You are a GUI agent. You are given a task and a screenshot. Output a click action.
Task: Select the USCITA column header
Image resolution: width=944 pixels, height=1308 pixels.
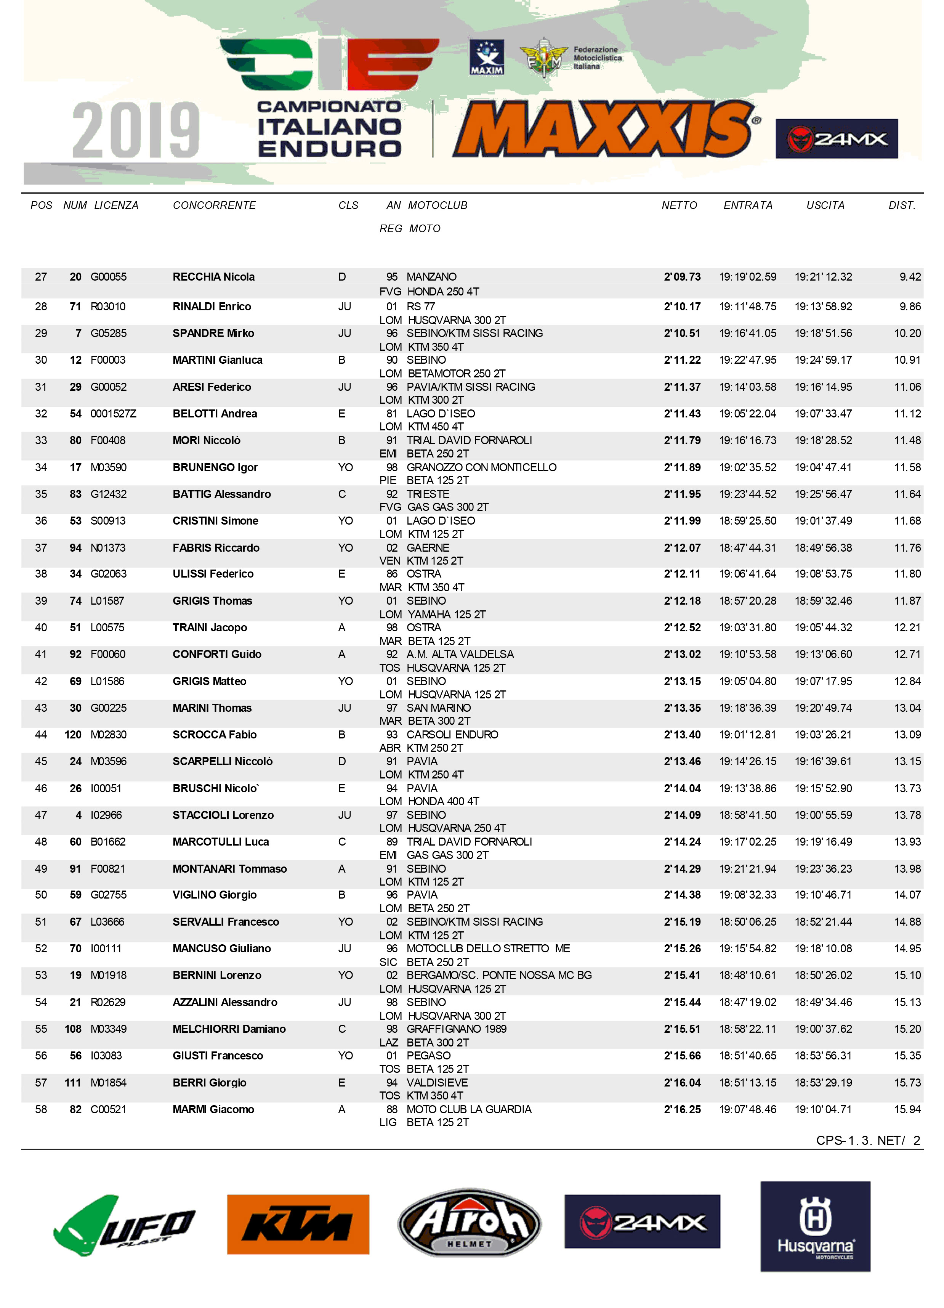pyautogui.click(x=825, y=205)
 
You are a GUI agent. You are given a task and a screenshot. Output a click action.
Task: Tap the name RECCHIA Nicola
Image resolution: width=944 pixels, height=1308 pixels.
pyautogui.click(x=213, y=277)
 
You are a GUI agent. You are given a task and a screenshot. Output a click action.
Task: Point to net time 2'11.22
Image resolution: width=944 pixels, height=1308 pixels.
pyautogui.click(x=682, y=360)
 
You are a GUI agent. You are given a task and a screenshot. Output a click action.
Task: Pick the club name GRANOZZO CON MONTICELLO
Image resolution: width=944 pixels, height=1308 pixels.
pyautogui.click(x=481, y=467)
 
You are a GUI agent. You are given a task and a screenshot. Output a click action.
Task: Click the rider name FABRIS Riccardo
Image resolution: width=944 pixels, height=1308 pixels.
pyautogui.click(x=216, y=548)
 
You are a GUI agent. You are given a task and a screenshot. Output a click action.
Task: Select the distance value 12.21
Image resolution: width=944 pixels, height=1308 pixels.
pyautogui.click(x=907, y=628)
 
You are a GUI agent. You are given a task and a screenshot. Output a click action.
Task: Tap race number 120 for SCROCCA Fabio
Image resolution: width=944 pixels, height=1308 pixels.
pyautogui.click(x=73, y=735)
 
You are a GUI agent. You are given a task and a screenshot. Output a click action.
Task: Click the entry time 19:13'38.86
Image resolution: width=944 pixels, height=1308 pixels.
pyautogui.click(x=747, y=788)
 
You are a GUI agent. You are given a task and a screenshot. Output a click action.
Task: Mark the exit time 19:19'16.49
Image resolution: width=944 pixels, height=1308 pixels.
pyautogui.click(x=823, y=842)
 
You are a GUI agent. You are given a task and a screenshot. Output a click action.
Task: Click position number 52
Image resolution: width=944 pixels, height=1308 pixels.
pyautogui.click(x=41, y=949)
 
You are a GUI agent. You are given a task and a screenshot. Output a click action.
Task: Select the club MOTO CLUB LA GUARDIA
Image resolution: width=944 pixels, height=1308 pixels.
pyautogui.click(x=469, y=1110)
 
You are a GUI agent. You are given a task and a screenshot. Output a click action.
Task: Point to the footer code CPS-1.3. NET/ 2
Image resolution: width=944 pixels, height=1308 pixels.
pyautogui.click(x=868, y=1140)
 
